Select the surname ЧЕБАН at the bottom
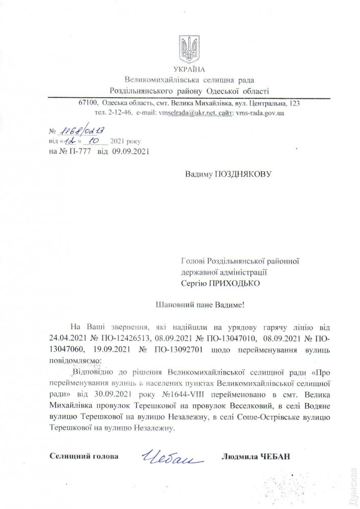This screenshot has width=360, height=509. tap(274, 457)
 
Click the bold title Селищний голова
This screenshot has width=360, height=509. tap(84, 456)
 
